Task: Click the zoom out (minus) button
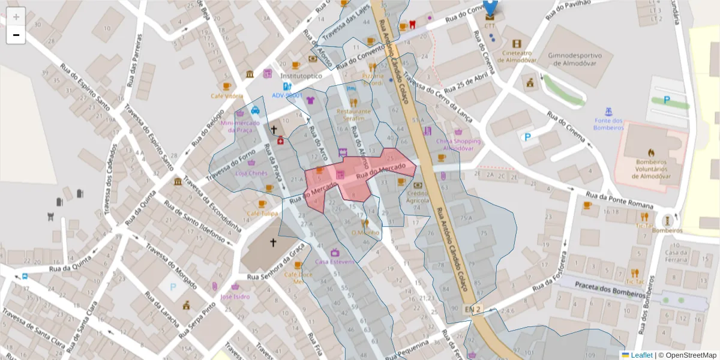pos(16,35)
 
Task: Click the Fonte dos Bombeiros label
pos(608,124)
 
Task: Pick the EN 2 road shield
pos(473,309)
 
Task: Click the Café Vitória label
pos(227,96)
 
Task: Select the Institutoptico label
pos(301,76)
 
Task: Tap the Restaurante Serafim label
pos(353,115)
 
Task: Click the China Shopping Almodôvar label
pos(458,145)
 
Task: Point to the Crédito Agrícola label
pos(418,197)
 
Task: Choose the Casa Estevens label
pos(335,262)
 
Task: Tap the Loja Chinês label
pos(251,173)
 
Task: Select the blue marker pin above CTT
pos(491,7)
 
